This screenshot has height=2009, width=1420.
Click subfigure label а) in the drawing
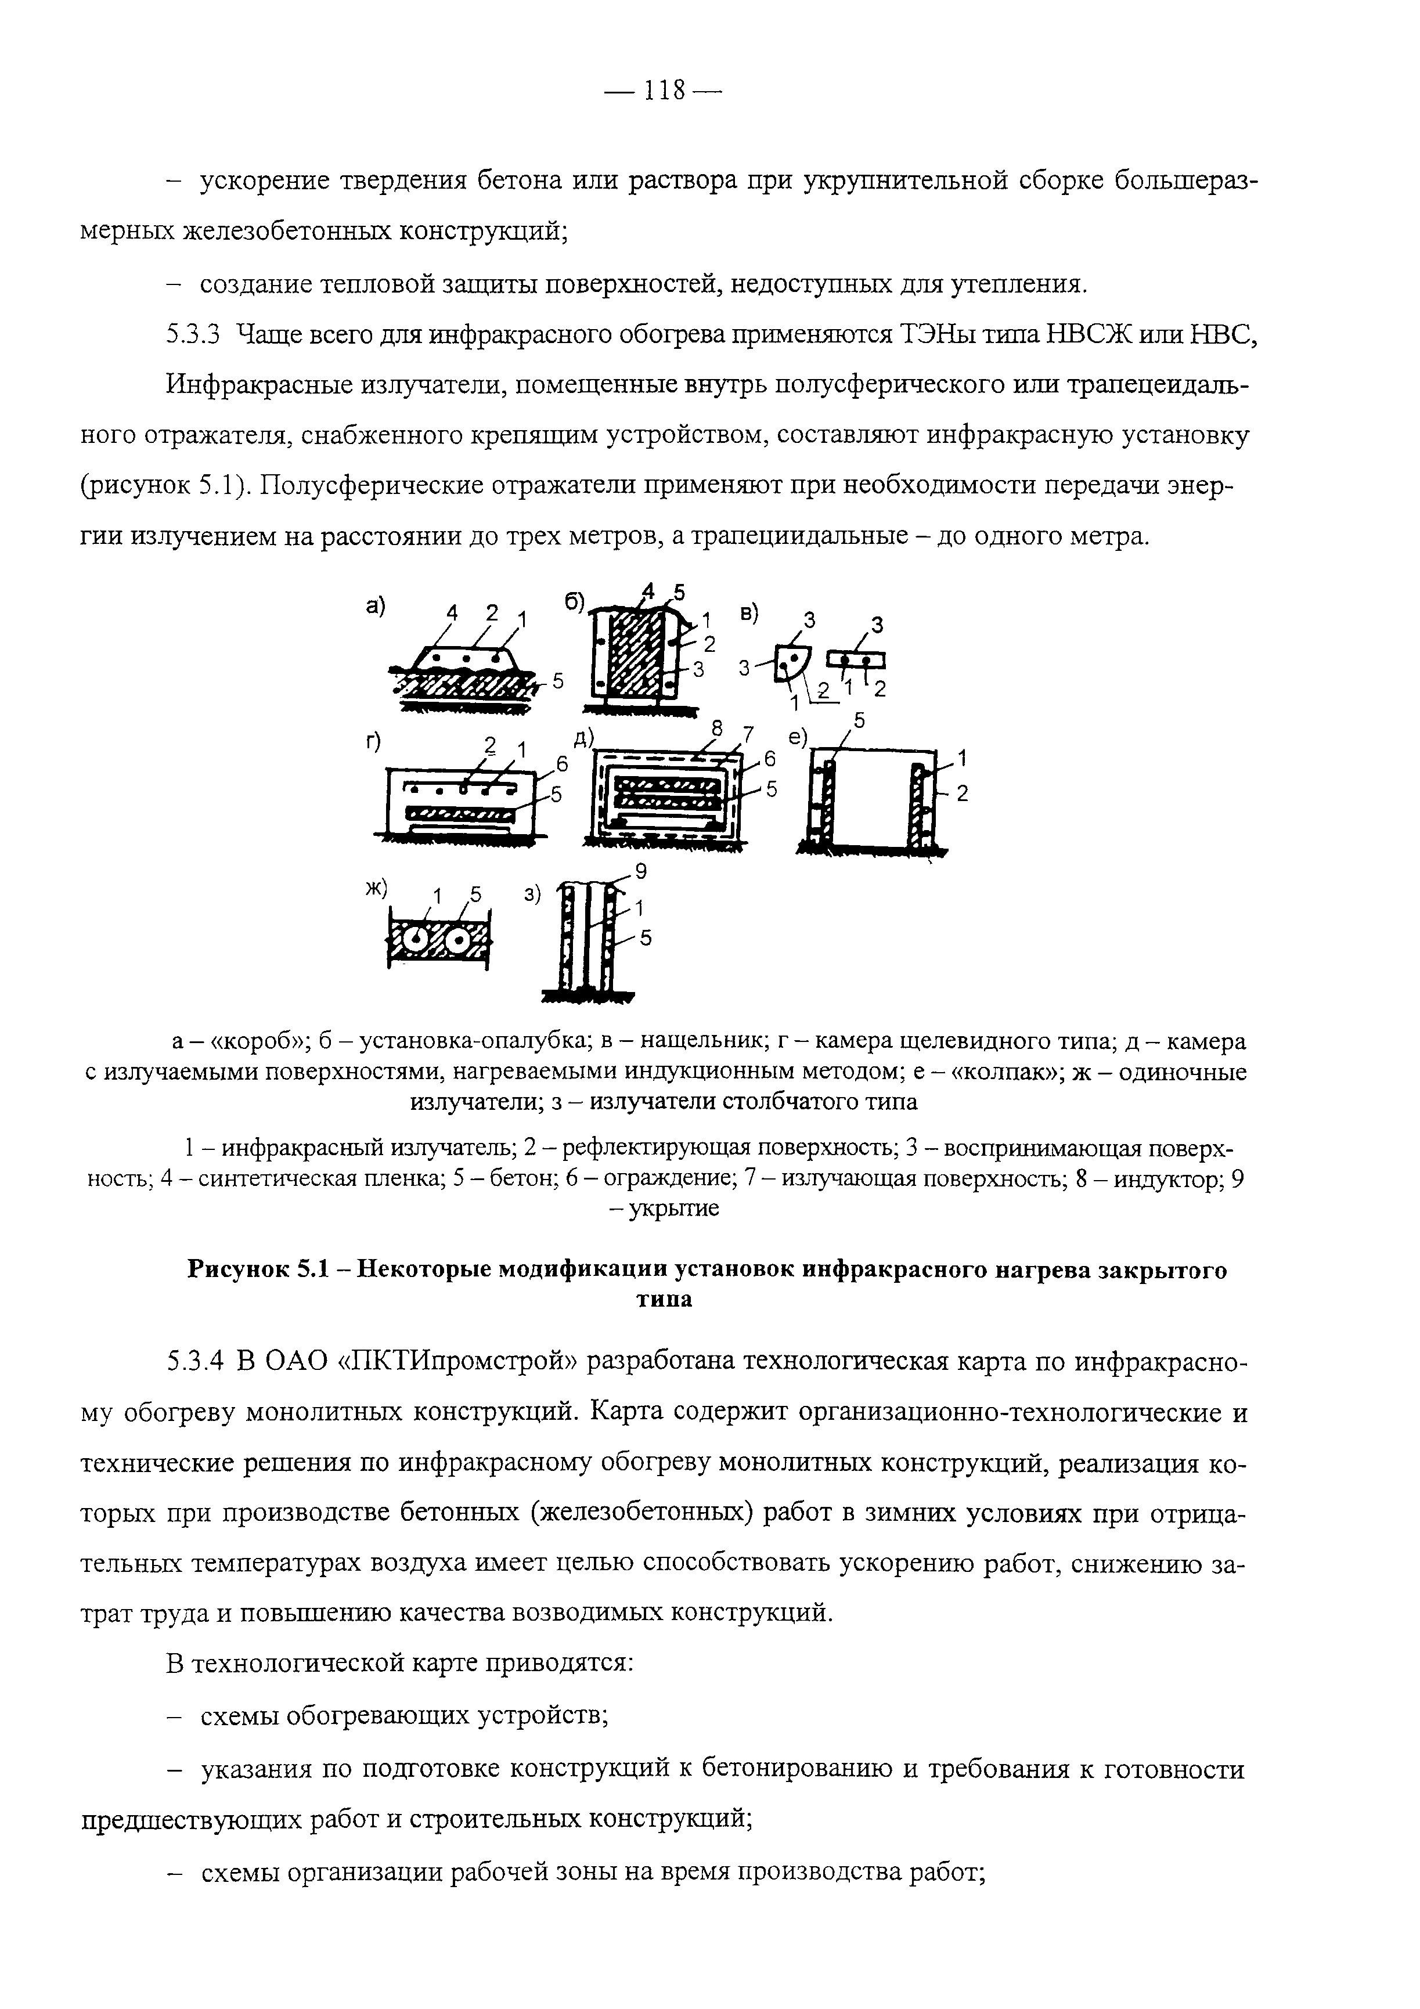tap(376, 605)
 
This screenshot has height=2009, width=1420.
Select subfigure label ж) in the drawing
tap(376, 888)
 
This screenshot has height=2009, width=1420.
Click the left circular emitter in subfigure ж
tap(418, 940)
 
